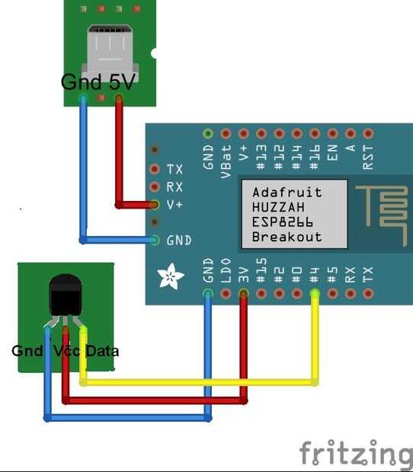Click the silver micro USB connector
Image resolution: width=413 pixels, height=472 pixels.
pyautogui.click(x=110, y=53)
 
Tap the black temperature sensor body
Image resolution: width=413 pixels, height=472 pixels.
pyautogui.click(x=66, y=295)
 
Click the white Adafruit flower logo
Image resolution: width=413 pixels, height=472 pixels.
pyautogui.click(x=170, y=276)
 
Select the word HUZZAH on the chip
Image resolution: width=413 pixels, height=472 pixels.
pyautogui.click(x=278, y=207)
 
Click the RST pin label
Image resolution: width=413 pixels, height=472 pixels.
pyautogui.click(x=368, y=157)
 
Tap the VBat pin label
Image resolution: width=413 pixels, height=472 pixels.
pyautogui.click(x=226, y=161)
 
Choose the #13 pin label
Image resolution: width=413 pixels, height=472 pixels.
pyautogui.click(x=261, y=157)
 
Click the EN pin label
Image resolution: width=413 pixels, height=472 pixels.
pyautogui.click(x=332, y=152)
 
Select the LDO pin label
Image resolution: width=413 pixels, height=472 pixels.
pyautogui.click(x=226, y=270)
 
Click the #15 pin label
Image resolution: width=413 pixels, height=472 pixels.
pyautogui.click(x=261, y=270)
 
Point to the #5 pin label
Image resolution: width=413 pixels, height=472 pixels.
pyautogui.click(x=332, y=275)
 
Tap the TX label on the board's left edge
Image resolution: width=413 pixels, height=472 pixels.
pyautogui.click(x=174, y=169)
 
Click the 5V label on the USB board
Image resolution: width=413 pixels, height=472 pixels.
pyautogui.click(x=122, y=82)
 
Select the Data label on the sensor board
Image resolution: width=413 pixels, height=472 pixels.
pyautogui.click(x=102, y=351)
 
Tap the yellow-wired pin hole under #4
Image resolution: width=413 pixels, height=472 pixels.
pyautogui.click(x=315, y=293)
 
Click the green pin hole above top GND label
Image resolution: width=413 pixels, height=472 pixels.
pyautogui.click(x=208, y=133)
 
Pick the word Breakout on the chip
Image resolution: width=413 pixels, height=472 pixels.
pyautogui.click(x=287, y=237)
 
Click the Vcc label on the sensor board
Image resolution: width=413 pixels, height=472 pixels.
pyautogui.click(x=66, y=351)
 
